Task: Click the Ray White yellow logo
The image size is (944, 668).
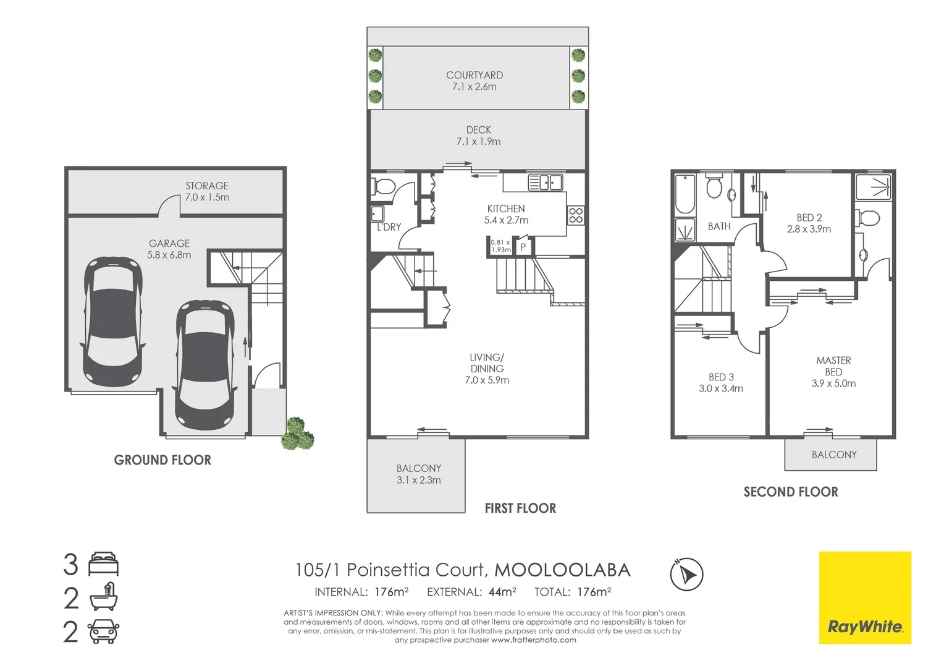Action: [865, 597]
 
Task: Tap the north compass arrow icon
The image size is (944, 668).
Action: [686, 574]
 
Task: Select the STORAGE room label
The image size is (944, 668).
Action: [207, 186]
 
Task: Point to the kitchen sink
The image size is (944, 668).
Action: [546, 182]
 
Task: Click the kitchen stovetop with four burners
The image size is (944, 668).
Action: [576, 215]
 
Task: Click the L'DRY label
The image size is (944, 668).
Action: [389, 227]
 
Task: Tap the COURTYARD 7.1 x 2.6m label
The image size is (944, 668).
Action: [474, 80]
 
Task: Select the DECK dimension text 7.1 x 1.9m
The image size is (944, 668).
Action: [478, 142]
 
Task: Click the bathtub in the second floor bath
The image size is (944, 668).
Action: [685, 194]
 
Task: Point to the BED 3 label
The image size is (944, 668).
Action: [721, 377]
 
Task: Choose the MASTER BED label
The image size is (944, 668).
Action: [833, 366]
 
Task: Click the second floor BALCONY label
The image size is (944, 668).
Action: [834, 455]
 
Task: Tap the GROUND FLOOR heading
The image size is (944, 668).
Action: [162, 460]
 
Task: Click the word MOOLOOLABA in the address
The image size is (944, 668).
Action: [562, 570]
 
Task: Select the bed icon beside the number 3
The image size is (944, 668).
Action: [103, 563]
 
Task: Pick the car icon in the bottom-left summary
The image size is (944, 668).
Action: [103, 632]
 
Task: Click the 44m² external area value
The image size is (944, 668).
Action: [502, 592]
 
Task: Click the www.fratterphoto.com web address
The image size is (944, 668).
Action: [534, 640]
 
